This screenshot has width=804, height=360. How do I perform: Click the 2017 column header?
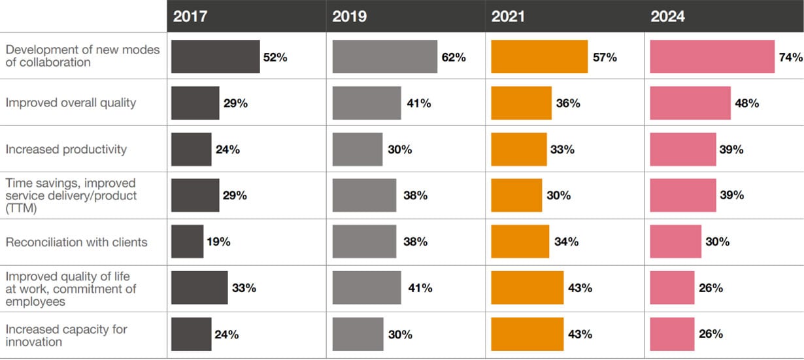tap(190, 16)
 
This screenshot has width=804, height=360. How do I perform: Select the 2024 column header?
tap(668, 16)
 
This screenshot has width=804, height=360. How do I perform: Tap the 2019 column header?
tap(350, 16)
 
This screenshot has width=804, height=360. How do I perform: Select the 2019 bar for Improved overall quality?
tap(367, 103)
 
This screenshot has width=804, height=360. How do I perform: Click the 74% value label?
tap(791, 57)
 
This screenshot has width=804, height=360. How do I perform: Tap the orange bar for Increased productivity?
tap(519, 150)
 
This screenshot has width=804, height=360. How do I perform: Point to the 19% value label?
tap(219, 242)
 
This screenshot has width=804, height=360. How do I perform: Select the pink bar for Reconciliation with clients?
tap(676, 242)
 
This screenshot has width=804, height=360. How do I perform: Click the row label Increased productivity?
tap(66, 150)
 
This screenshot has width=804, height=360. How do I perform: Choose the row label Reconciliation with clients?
tap(76, 242)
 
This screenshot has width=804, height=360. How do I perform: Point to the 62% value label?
tap(454, 57)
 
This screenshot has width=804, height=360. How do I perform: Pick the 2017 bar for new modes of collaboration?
tap(216, 57)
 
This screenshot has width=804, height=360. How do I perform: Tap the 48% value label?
tap(746, 103)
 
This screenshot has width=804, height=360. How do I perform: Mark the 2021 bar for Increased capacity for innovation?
tap(527, 335)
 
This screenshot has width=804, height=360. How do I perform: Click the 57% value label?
tap(605, 57)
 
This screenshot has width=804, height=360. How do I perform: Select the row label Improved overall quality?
tap(71, 103)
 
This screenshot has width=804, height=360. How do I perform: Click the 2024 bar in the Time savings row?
tap(683, 195)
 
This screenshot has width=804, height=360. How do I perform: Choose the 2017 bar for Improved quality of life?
tap(199, 288)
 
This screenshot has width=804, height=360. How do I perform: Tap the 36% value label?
tap(567, 103)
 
